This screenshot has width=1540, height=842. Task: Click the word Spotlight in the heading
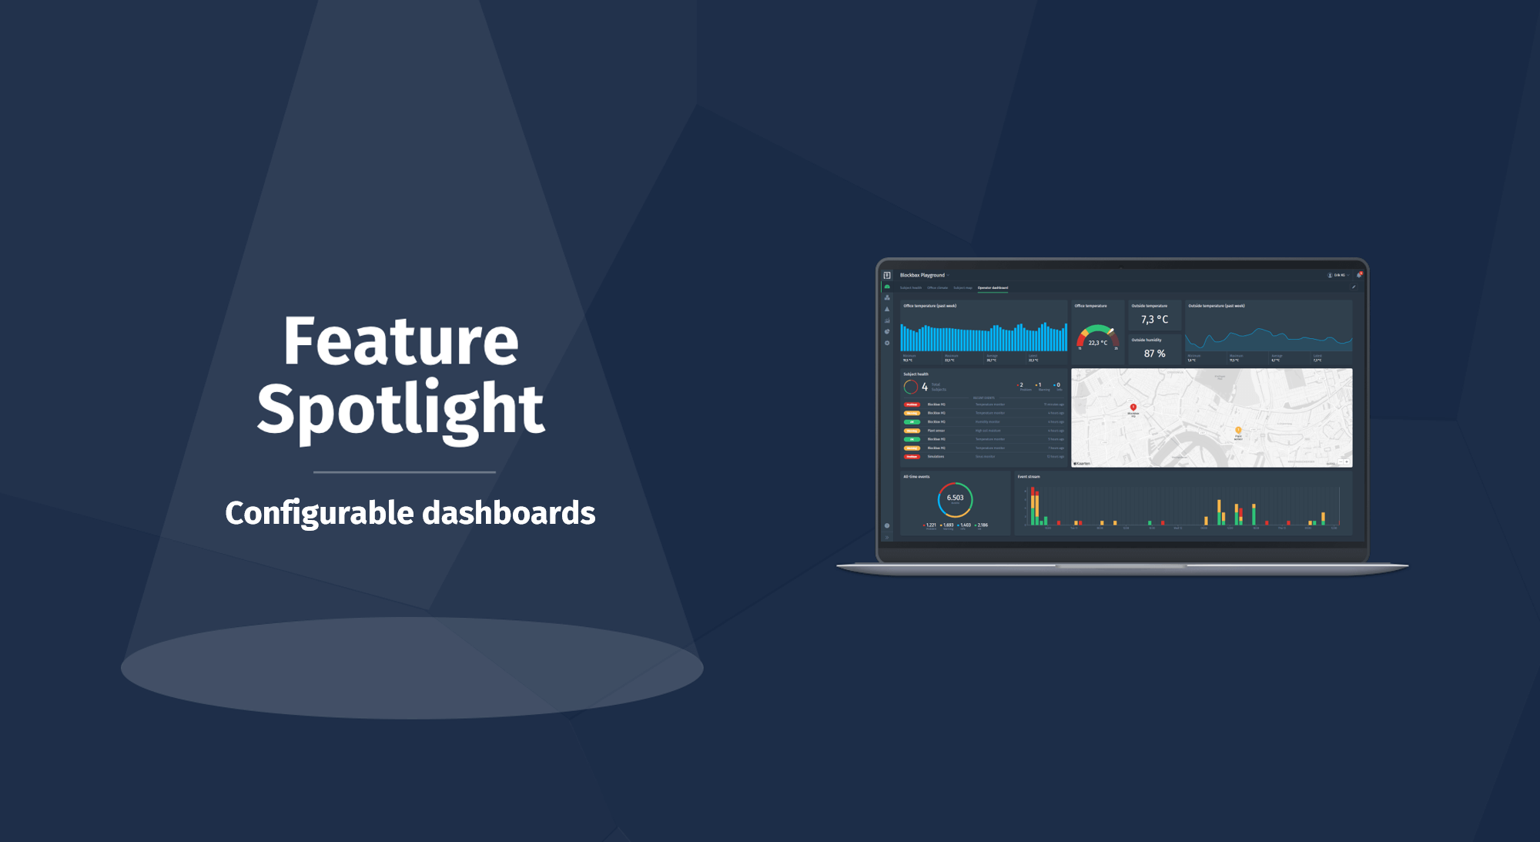tap(400, 409)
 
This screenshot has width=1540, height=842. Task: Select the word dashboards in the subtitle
tap(509, 513)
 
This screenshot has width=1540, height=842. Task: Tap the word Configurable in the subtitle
tap(320, 513)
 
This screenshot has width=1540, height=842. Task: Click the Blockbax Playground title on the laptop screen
tap(922, 275)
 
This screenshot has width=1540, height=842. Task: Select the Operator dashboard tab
tap(993, 288)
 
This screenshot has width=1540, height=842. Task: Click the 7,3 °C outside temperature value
tap(1154, 320)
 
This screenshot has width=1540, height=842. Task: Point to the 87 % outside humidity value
tap(1154, 354)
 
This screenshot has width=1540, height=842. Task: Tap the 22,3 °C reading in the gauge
tap(1097, 343)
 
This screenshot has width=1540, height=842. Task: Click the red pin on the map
tap(1133, 407)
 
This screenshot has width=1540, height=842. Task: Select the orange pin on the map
tap(1238, 431)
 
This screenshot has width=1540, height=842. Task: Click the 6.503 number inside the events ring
tap(955, 498)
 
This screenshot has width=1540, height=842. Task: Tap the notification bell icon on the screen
tap(1359, 275)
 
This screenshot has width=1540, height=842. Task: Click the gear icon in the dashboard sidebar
tap(887, 344)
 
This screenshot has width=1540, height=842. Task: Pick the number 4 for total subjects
tap(925, 387)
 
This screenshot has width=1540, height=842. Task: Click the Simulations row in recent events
tap(936, 457)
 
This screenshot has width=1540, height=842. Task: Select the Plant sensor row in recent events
tap(936, 431)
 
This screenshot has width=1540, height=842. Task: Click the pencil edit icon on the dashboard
tap(1354, 287)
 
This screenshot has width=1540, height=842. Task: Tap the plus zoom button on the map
tap(1346, 462)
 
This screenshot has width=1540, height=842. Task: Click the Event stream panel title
tap(1029, 477)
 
